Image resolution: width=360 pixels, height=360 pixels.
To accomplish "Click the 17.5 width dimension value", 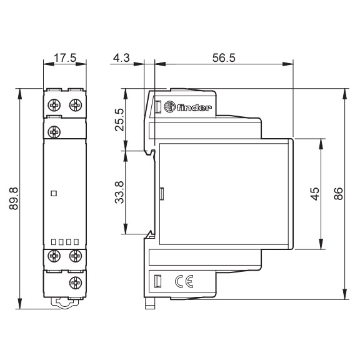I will [x=65, y=58].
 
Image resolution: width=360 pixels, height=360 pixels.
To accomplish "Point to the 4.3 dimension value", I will [x=122, y=58].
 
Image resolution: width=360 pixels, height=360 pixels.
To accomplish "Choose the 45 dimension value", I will [x=316, y=194].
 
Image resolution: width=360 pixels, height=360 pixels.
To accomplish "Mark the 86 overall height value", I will [x=339, y=194].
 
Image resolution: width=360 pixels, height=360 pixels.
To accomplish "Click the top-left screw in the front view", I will [x=54, y=103].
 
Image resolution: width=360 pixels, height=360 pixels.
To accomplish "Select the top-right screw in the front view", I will [x=76, y=103].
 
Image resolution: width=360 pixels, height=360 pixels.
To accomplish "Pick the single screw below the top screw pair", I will [x=54, y=131].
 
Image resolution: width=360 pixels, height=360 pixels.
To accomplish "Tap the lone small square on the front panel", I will [x=54, y=194].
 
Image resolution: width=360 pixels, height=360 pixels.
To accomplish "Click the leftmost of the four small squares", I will [x=53, y=241].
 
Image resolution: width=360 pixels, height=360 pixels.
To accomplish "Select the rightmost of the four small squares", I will [x=76, y=241].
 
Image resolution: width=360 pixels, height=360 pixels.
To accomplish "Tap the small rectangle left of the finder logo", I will [x=158, y=107].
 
